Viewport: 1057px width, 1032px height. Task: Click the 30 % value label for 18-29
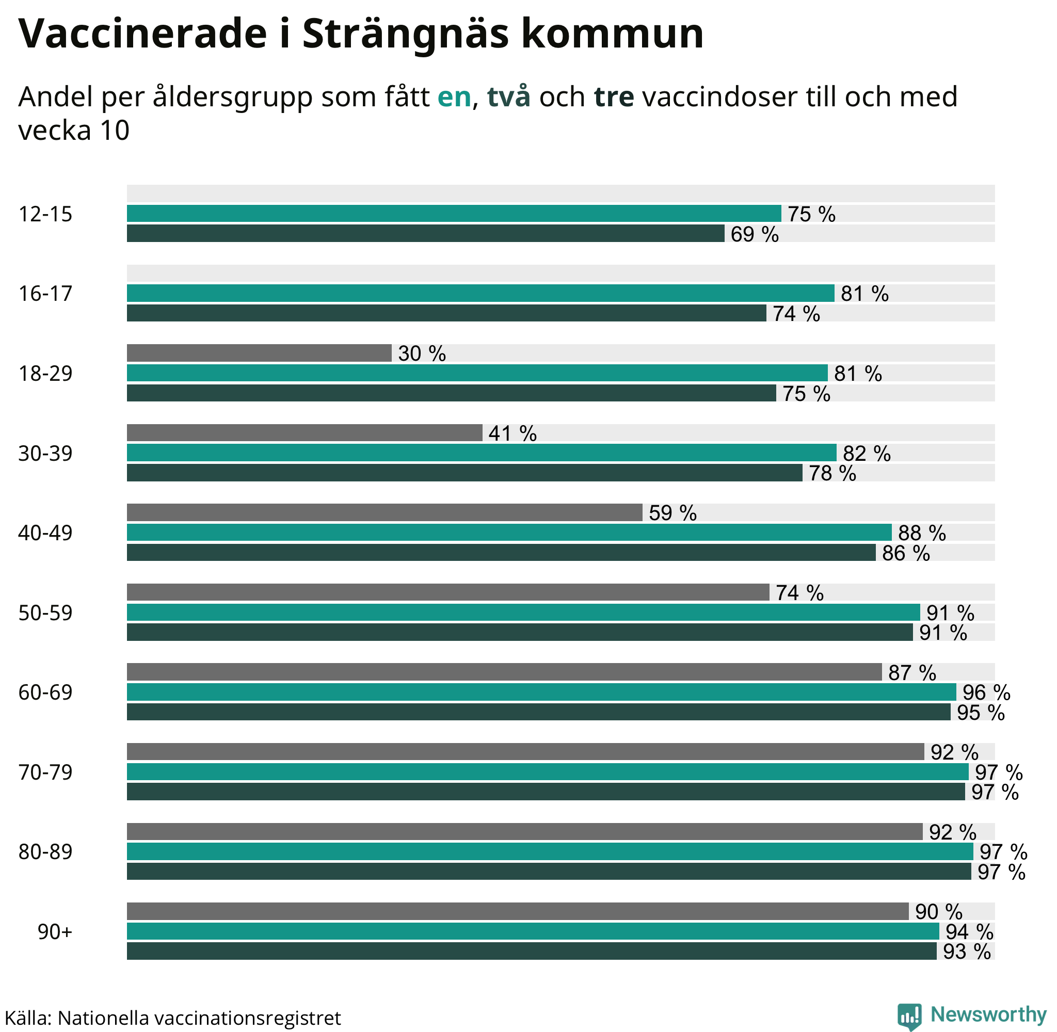click(x=422, y=354)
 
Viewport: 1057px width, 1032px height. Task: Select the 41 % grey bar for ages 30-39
click(x=304, y=433)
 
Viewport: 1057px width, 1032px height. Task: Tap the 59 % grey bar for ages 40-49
click(x=385, y=513)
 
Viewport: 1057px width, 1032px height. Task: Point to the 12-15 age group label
click(x=45, y=215)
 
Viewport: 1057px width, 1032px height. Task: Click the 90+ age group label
click(x=55, y=932)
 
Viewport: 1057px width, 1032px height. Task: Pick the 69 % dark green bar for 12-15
click(x=425, y=234)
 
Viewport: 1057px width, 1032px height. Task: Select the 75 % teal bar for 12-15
click(x=454, y=214)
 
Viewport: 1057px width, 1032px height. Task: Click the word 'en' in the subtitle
click(x=454, y=98)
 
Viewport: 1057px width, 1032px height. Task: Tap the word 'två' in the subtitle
click(x=508, y=98)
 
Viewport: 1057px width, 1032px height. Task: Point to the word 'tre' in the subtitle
click(x=614, y=98)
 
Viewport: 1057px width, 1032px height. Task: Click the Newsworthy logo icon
click(x=909, y=1014)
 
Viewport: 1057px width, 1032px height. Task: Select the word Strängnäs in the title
click(x=405, y=34)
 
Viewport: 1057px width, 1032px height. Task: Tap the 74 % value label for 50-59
click(x=799, y=593)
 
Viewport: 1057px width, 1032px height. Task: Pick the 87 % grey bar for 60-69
click(x=504, y=672)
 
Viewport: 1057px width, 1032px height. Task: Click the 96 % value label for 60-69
click(x=986, y=692)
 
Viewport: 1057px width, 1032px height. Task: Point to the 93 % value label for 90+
click(x=967, y=952)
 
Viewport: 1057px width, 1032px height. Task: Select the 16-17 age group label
click(x=45, y=294)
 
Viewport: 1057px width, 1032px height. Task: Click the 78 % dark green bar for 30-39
click(x=465, y=473)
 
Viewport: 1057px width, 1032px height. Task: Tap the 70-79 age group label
click(x=45, y=772)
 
